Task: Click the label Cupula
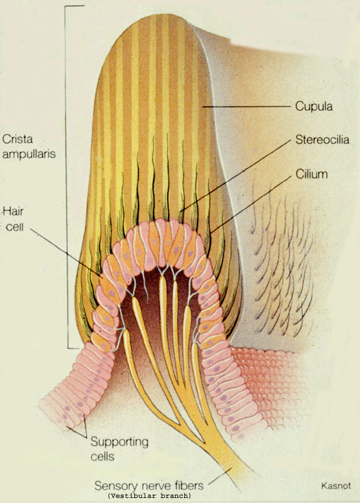(314, 106)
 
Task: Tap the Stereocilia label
(322, 140)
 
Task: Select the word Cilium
(312, 174)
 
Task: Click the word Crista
(18, 139)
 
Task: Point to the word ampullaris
(29, 154)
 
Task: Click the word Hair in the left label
(13, 212)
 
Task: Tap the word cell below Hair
(15, 227)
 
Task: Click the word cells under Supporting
(103, 456)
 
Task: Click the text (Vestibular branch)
(150, 495)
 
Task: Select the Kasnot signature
(335, 485)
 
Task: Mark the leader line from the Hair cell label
(65, 253)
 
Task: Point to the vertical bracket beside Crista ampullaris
(67, 177)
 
